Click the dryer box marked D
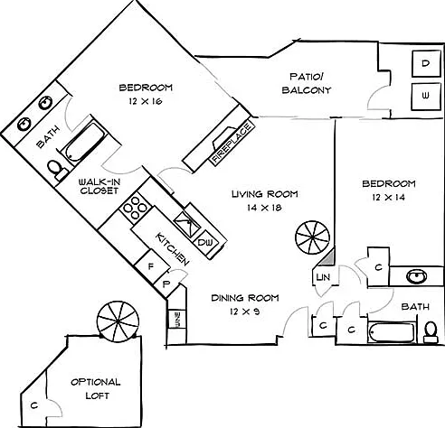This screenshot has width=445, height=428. pyautogui.click(x=426, y=63)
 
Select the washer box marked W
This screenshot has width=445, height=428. pyautogui.click(x=426, y=97)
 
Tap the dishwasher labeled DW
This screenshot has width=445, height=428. pyautogui.click(x=205, y=242)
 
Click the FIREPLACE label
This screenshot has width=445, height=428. pyautogui.click(x=232, y=144)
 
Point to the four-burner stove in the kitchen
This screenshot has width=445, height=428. pyautogui.click(x=135, y=208)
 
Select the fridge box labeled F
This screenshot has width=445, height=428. pyautogui.click(x=152, y=266)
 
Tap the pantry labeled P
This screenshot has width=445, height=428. pyautogui.click(x=166, y=284)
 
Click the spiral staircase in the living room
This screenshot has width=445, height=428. pyautogui.click(x=313, y=237)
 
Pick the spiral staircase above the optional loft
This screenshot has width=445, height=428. pyautogui.click(x=118, y=321)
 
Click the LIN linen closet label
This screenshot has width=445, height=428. pyautogui.click(x=323, y=277)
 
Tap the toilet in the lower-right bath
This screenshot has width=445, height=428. pyautogui.click(x=431, y=332)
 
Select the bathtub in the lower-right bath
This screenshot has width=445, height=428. pyautogui.click(x=392, y=333)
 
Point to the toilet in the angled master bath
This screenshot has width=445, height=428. pyautogui.click(x=58, y=170)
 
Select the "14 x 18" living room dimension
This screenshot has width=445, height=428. pyautogui.click(x=264, y=208)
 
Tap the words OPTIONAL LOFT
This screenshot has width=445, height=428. pyautogui.click(x=96, y=389)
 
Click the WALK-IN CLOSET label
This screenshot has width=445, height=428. pyautogui.click(x=99, y=186)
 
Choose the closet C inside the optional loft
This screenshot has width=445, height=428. pyautogui.click(x=34, y=405)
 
